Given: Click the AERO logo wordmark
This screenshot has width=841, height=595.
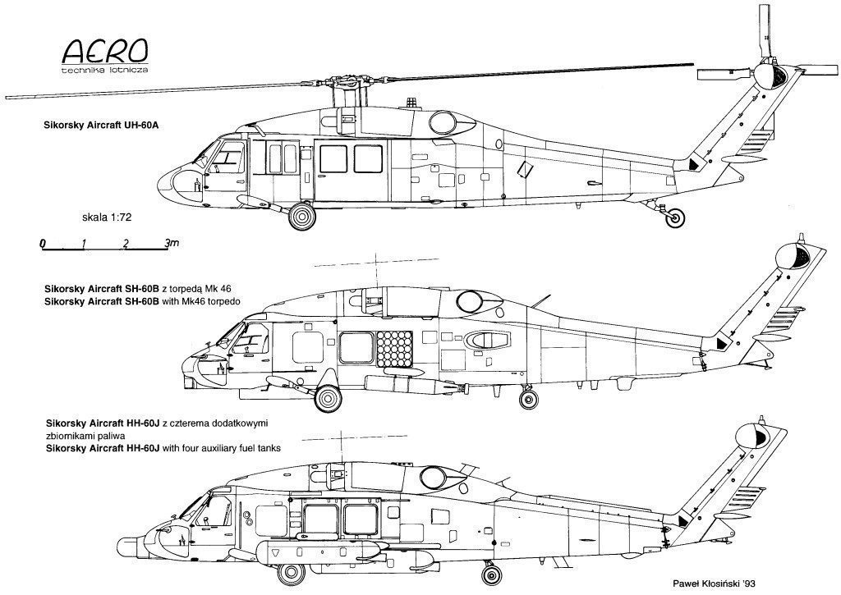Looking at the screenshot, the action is coord(105,52).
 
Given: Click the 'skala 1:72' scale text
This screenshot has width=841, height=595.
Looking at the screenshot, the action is coord(107,217).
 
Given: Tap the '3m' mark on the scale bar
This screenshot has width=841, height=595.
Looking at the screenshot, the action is coord(172,244).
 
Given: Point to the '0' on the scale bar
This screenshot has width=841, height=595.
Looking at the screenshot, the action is coord(43,244).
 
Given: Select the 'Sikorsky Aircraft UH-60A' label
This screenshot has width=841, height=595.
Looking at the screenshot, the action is coord(102,126).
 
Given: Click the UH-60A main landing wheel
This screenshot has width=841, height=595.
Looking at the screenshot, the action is coord(302,216).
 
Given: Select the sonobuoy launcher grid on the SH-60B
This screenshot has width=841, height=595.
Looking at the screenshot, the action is coord(395,349).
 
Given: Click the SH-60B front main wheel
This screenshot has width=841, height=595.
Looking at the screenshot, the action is coord(328,398).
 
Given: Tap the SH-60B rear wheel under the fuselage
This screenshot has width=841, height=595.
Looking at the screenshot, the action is coord(528,398).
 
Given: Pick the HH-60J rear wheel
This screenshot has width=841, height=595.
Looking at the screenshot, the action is coord(491,574).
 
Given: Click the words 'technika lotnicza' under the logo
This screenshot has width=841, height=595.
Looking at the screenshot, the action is coord(105,70).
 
